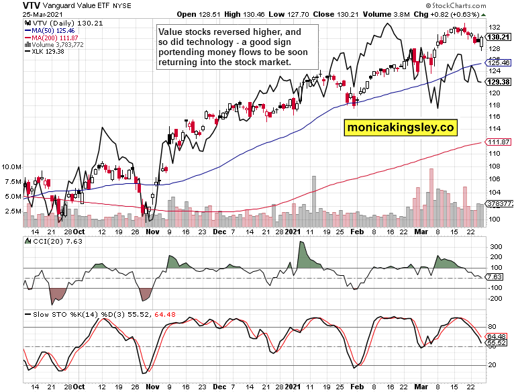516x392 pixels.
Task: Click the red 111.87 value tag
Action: [x=497, y=142]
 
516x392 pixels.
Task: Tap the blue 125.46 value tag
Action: [x=497, y=62]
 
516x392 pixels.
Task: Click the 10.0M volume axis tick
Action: [x=12, y=166]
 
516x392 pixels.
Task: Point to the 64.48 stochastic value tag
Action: [x=497, y=336]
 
